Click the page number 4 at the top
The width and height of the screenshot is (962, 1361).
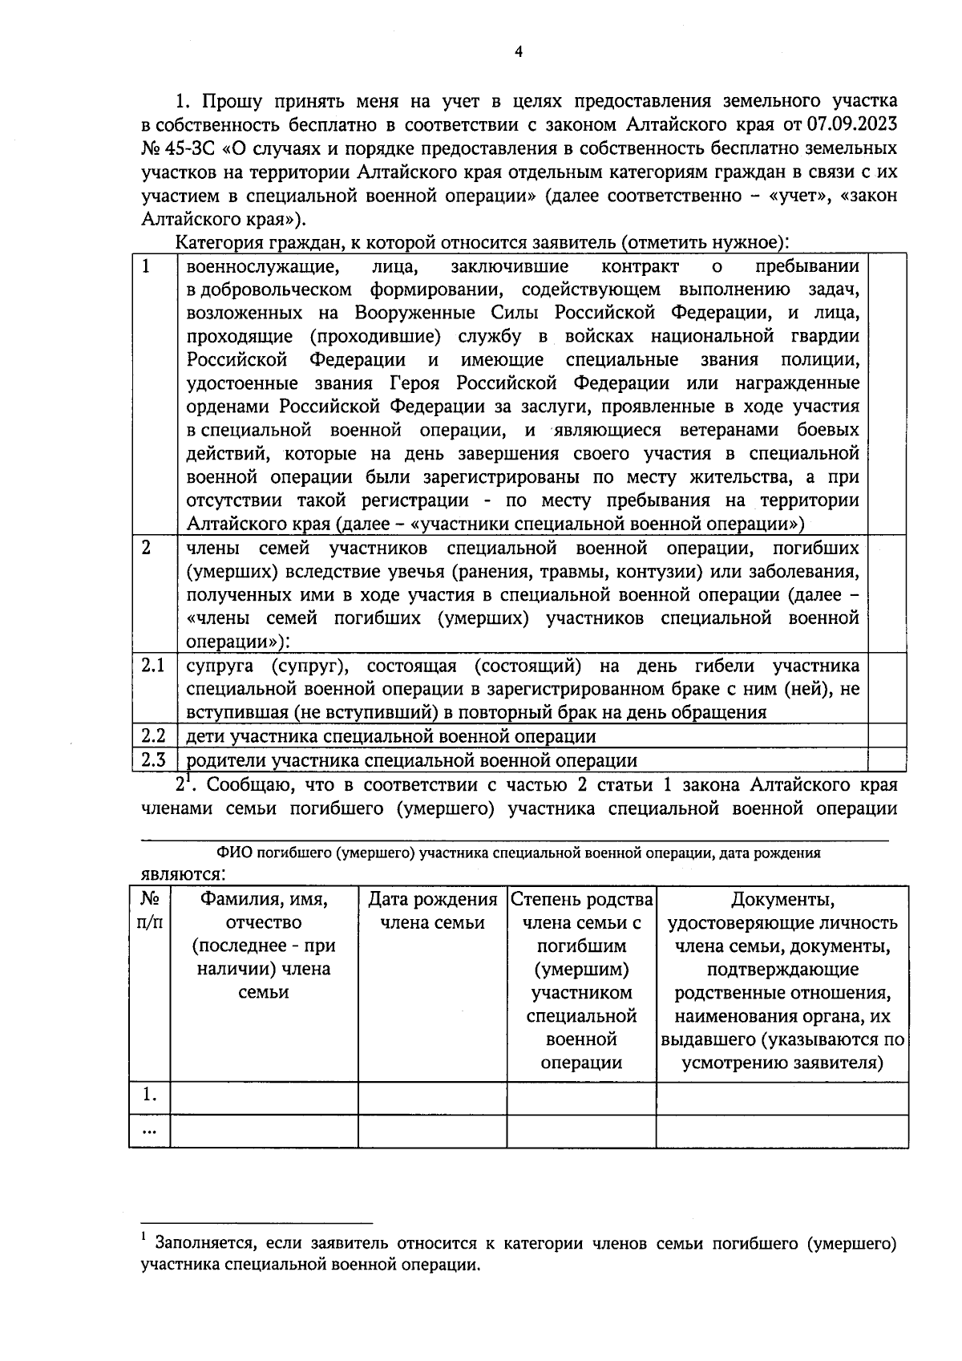[x=518, y=52]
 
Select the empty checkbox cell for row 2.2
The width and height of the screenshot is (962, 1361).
[x=887, y=736]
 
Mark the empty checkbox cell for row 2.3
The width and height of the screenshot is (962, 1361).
[x=887, y=759]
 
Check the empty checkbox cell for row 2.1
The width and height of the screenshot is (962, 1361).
[x=887, y=689]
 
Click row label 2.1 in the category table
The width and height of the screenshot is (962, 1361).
[x=153, y=666]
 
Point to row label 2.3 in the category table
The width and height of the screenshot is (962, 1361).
[x=153, y=760]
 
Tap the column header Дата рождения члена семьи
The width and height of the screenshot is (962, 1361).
[x=432, y=911]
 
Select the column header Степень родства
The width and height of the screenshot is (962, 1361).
[x=582, y=900]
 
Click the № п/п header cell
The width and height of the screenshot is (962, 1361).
[x=150, y=911]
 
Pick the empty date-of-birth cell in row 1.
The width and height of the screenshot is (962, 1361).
[x=432, y=1098]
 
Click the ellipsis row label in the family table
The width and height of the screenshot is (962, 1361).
[x=150, y=1130]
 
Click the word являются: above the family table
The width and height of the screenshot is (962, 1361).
[x=183, y=874]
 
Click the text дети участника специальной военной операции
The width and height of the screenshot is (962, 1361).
[x=390, y=736]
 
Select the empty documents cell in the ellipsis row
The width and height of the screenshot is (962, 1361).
[x=782, y=1131]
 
